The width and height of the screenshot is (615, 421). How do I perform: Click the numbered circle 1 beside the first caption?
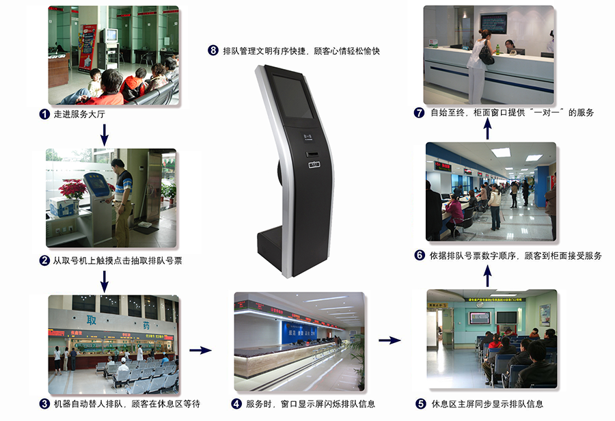[x=44, y=114]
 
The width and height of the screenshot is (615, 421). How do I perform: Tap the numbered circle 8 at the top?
[x=213, y=51]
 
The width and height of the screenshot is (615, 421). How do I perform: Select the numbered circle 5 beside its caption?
[x=421, y=403]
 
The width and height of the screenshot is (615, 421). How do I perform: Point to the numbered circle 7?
[x=420, y=113]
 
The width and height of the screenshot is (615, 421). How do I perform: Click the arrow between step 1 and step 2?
[x=105, y=135]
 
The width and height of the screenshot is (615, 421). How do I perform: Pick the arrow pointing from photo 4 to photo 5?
[x=389, y=340]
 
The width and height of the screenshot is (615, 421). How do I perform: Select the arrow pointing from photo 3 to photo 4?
[x=200, y=350]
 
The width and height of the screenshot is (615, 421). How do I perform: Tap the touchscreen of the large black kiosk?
[x=293, y=97]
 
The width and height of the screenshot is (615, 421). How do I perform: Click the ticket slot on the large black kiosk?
[x=312, y=154]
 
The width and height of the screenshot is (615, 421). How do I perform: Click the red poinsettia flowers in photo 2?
[x=72, y=189]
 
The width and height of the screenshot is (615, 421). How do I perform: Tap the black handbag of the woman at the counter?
[x=487, y=54]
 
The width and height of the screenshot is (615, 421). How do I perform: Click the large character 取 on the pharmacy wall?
[x=92, y=320]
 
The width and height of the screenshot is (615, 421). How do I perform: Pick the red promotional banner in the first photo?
[x=87, y=47]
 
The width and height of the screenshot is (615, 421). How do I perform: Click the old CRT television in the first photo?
[x=110, y=36]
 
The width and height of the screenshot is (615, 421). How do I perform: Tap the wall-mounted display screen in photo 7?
[x=493, y=24]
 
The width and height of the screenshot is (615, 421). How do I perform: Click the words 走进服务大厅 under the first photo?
[x=79, y=114]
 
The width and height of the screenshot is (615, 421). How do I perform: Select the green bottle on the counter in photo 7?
[x=497, y=49]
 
